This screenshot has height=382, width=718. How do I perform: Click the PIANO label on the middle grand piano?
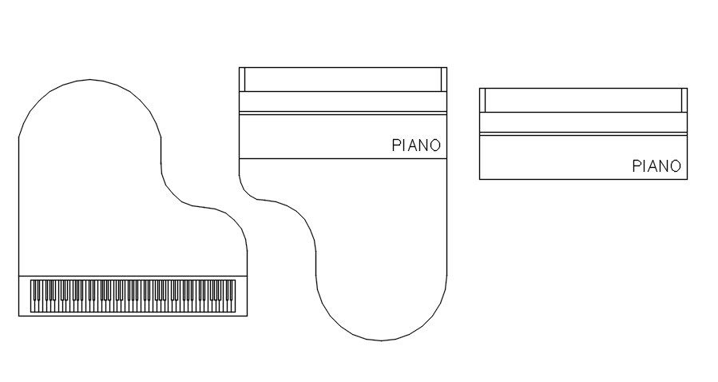click(416, 145)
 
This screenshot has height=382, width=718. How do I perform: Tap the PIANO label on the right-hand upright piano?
click(657, 166)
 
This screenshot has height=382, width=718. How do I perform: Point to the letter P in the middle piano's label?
click(396, 145)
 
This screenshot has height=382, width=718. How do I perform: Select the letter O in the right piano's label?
click(676, 166)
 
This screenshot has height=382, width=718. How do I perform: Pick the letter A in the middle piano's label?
click(413, 145)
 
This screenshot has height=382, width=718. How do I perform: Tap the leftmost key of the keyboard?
click(32, 295)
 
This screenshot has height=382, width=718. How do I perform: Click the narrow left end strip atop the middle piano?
click(242, 79)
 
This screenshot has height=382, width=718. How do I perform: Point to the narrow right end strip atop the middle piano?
click(443, 79)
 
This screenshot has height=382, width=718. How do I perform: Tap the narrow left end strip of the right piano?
click(482, 100)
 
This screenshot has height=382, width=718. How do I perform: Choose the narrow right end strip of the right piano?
click(684, 100)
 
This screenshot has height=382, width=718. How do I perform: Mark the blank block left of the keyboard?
click(24, 295)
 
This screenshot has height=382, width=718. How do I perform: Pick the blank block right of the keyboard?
click(242, 295)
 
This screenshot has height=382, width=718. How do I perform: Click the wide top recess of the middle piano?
click(343, 79)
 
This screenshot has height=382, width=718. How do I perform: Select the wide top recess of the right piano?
click(583, 100)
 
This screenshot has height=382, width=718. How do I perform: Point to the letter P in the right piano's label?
click(637, 166)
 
